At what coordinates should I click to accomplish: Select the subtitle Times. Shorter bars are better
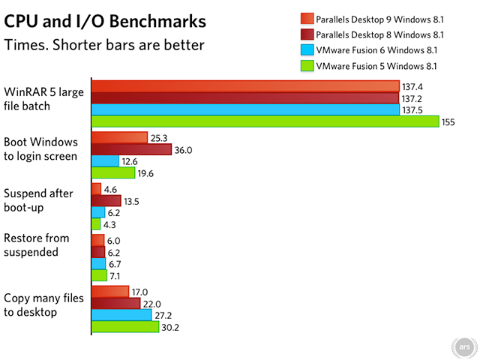pos(104,44)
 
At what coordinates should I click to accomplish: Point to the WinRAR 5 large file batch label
pos(37,99)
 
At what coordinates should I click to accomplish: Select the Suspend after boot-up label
pos(38,199)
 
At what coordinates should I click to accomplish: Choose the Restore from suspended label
pos(37,245)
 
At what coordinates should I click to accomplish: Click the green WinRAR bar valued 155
pos(265,121)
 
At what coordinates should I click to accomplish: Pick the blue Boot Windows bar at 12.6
pos(105,161)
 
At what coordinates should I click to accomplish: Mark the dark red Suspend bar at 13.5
pos(106,200)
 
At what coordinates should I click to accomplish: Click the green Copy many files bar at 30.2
pos(124,327)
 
